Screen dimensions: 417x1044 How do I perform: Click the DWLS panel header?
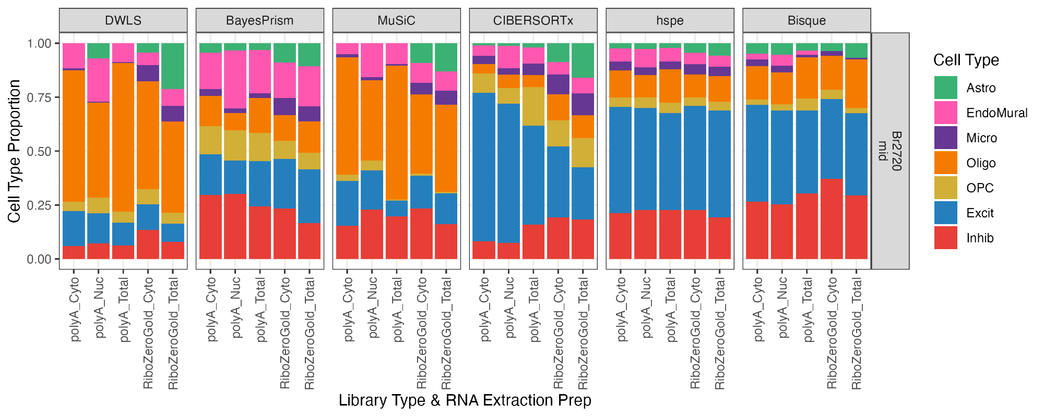123,20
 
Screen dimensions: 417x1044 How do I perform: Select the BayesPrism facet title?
260,20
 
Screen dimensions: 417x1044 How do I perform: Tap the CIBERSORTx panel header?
533,20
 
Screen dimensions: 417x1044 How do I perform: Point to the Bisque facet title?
806,20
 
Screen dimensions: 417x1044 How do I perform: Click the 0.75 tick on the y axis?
39,97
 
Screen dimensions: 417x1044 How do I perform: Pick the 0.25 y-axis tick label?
39,205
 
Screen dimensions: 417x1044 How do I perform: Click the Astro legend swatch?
946,88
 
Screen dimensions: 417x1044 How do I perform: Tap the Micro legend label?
981,138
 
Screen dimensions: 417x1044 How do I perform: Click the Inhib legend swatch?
946,238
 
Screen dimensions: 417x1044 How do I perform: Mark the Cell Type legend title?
966,60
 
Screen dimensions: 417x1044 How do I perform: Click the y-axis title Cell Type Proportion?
14,151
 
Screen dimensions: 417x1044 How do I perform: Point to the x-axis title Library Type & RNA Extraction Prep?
465,400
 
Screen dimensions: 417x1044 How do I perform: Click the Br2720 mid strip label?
890,151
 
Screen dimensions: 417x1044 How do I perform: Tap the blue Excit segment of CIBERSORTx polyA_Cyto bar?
484,167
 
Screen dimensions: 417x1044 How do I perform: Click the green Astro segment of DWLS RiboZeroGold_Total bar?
173,66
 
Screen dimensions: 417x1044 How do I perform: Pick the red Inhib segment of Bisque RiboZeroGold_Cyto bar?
832,219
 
